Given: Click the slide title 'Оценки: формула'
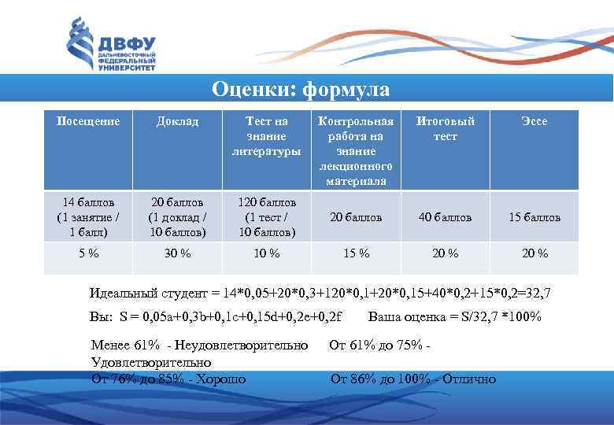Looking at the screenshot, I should tap(301, 90).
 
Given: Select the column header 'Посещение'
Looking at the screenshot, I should tap(88, 122).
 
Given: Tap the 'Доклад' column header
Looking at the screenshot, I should tap(177, 122).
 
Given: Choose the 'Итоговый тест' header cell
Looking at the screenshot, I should tap(446, 129).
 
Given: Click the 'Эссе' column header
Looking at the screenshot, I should tap(534, 122).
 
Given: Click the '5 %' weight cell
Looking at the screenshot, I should tap(88, 253).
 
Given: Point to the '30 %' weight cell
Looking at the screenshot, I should tap(177, 253).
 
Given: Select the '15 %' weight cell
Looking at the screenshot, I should tap(355, 253).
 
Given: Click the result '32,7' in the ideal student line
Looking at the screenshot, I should tap(538, 294).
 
